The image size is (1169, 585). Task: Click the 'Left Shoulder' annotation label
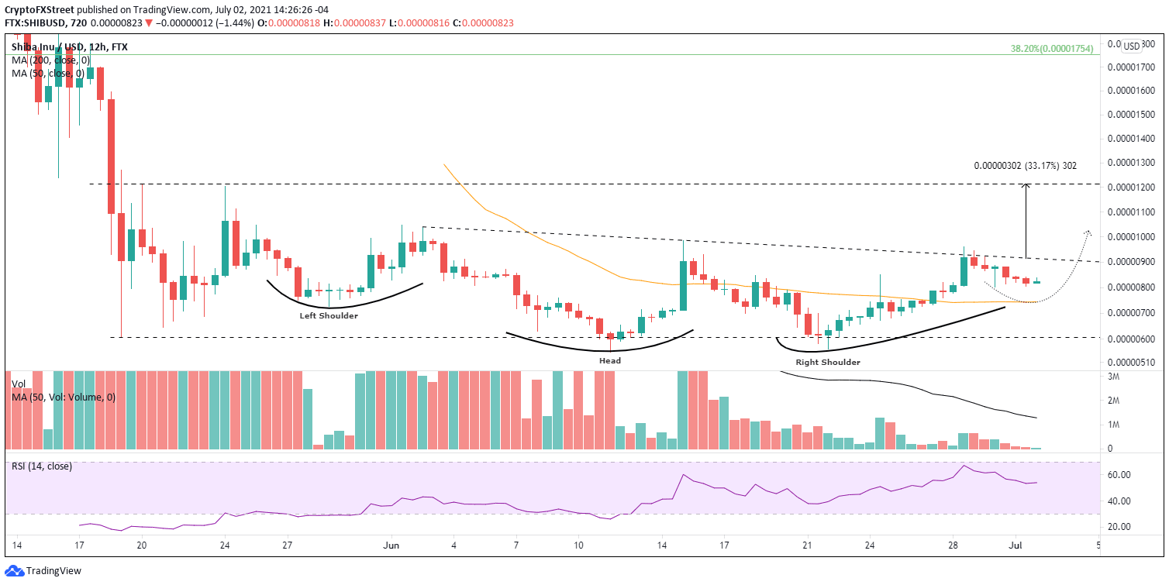pyautogui.click(x=329, y=315)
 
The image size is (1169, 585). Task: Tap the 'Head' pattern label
pyautogui.click(x=609, y=360)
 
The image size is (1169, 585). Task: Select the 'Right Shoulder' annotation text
pyautogui.click(x=827, y=362)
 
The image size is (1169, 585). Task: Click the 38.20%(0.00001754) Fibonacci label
pyautogui.click(x=1052, y=48)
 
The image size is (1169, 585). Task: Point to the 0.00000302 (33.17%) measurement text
pyautogui.click(x=1026, y=165)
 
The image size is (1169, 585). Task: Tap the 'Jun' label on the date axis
pyautogui.click(x=391, y=545)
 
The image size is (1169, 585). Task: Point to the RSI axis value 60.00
pyautogui.click(x=1119, y=474)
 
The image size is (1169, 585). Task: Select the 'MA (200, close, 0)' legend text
pyautogui.click(x=51, y=60)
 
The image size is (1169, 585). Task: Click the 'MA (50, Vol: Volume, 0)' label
pyautogui.click(x=64, y=397)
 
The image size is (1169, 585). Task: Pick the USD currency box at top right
pyautogui.click(x=1131, y=46)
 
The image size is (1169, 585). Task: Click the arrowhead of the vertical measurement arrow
pyautogui.click(x=1026, y=186)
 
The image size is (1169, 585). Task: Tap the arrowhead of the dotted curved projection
pyautogui.click(x=1088, y=232)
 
